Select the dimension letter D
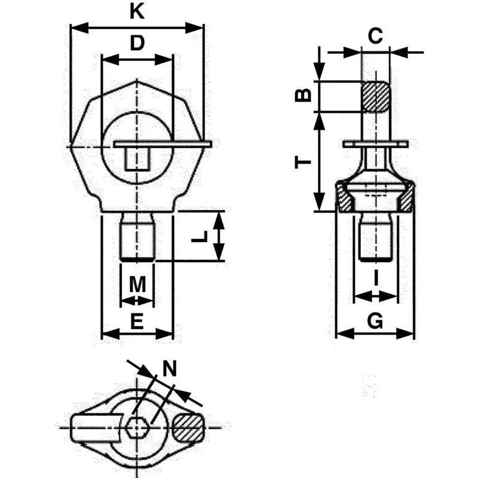137,43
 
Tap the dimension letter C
375,36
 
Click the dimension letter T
304,161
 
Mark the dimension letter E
137,322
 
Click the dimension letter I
375,277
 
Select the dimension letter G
375,321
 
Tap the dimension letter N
171,369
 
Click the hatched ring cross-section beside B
376,96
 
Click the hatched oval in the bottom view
188,428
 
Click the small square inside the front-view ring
137,159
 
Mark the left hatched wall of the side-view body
344,198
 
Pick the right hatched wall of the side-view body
407,198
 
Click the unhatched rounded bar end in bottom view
88,428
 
